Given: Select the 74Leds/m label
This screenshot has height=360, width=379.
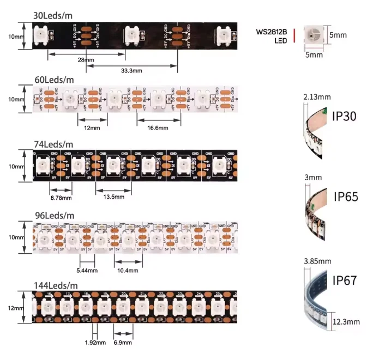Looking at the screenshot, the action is coord(53,144).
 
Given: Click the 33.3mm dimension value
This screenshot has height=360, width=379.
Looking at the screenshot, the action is coord(131,71).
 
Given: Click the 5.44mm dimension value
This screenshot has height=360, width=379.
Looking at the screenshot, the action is coord(88,270).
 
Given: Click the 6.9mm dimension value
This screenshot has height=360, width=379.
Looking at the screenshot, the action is coord(123,343).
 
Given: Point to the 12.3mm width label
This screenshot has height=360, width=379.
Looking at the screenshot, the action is coord(347,322).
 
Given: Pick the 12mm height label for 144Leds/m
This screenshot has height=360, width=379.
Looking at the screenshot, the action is coord(15,308).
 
